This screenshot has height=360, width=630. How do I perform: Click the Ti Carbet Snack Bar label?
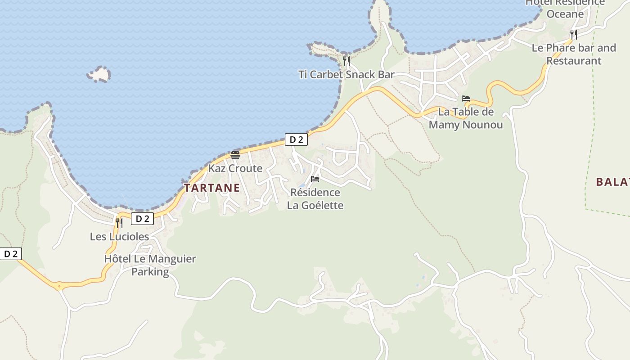coord(346,75)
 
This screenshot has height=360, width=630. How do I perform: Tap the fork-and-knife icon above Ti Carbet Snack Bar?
coord(346,61)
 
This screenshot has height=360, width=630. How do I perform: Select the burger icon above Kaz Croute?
coord(235,155)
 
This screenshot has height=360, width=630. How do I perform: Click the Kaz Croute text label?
coord(235,168)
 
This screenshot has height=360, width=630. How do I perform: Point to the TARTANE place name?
coord(212,188)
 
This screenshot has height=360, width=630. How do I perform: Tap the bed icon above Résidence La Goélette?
coord(315,179)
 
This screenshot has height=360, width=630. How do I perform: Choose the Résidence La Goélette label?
coord(315,199)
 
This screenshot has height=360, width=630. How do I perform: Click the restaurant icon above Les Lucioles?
coord(119,223)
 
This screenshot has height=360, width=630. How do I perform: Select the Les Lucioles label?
coord(119,236)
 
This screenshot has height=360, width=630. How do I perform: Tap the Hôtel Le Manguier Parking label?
coord(150,265)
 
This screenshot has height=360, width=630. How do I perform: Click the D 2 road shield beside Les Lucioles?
coord(142,219)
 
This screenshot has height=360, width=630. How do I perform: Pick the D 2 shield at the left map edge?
coord(11,254)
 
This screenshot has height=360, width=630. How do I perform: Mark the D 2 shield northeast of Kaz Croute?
coord(296,139)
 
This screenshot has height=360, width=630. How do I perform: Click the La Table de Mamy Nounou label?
coord(466,118)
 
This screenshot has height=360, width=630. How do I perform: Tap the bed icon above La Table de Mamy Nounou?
coord(466,99)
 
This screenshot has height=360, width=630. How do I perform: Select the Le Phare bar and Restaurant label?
coord(574,54)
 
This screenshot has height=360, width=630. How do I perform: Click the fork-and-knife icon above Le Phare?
coord(573,34)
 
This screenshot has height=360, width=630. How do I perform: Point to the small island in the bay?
coord(99,74)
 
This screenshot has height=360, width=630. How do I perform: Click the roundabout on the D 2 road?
coord(59,286)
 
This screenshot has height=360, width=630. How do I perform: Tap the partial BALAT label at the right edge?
coord(612,182)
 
